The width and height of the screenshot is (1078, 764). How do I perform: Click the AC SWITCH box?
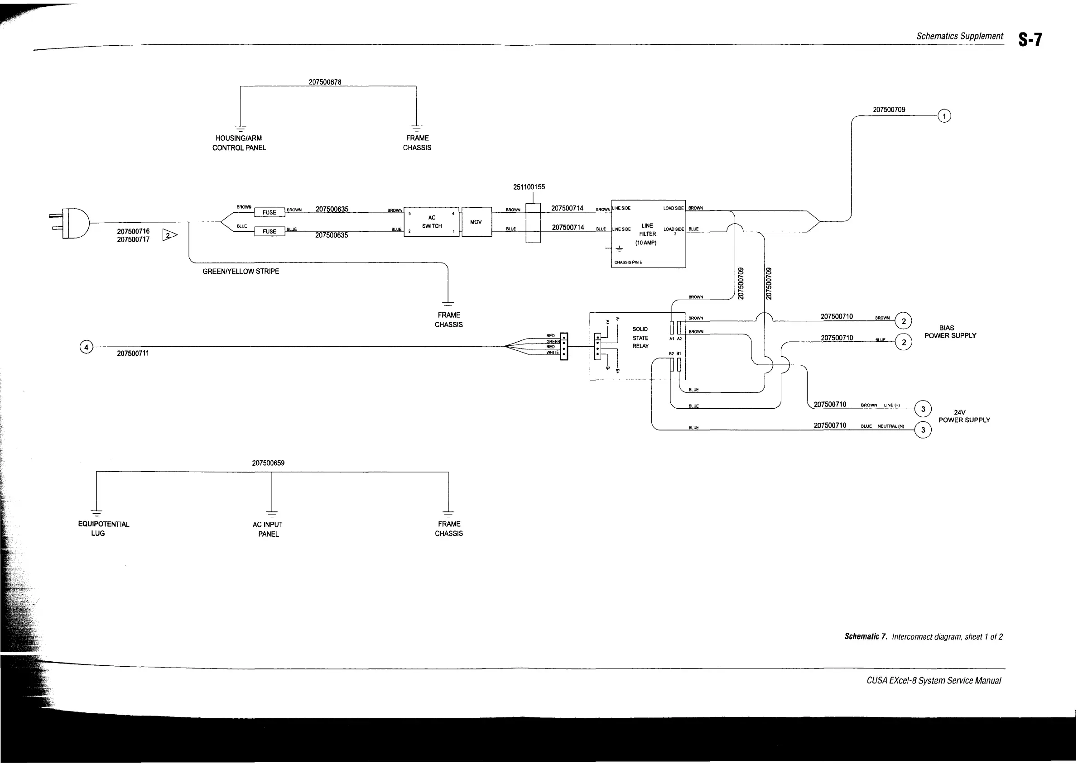click(x=431, y=222)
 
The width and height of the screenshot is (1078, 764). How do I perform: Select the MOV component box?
click(x=476, y=222)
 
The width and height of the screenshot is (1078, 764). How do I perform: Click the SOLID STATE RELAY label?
click(x=640, y=338)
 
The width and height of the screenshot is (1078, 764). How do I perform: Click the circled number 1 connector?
click(x=944, y=116)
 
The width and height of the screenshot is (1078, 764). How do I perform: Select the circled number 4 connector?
click(x=86, y=347)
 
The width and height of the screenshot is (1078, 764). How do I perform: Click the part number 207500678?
click(x=325, y=82)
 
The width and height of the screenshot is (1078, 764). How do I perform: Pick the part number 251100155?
click(x=529, y=187)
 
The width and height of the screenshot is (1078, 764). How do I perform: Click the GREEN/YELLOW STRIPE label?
click(x=241, y=272)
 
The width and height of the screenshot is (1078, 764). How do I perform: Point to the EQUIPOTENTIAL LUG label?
click(x=103, y=529)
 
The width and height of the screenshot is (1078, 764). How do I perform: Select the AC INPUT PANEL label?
click(x=268, y=529)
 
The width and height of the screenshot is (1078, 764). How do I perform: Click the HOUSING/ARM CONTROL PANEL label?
click(x=239, y=143)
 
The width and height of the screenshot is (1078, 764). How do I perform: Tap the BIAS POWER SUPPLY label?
click(x=950, y=332)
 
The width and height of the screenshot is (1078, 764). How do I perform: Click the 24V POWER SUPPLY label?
click(x=963, y=416)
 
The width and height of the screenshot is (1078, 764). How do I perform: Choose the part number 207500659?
click(x=268, y=463)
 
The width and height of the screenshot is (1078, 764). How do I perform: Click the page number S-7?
click(x=1030, y=40)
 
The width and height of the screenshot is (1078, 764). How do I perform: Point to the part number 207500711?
click(x=133, y=353)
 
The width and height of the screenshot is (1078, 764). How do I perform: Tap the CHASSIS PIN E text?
click(x=628, y=262)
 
